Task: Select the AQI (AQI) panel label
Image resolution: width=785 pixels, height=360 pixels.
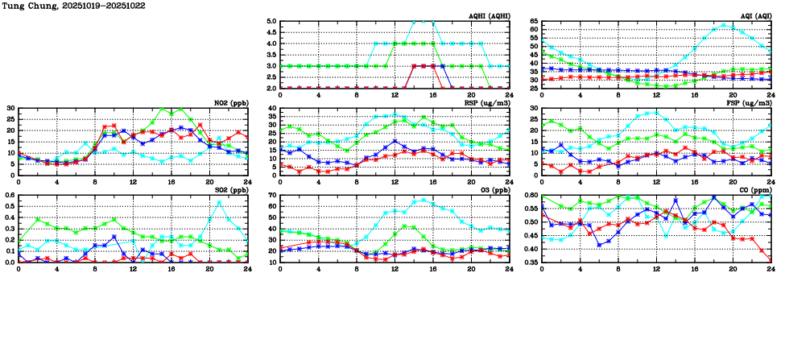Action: (x=754, y=16)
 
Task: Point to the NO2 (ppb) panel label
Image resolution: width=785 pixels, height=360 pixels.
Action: (x=230, y=103)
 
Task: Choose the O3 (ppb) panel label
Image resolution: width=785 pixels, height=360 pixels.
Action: (x=493, y=190)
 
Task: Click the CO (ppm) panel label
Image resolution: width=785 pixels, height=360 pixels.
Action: (x=754, y=190)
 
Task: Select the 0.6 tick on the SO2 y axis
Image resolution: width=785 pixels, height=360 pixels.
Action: (x=9, y=195)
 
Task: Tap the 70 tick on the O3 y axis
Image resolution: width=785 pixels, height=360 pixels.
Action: (x=272, y=195)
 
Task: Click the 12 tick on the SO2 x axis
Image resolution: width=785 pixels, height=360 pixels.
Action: (x=133, y=268)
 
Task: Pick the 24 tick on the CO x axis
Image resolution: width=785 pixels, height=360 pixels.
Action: (x=771, y=268)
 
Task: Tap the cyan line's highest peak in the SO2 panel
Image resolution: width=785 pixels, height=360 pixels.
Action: (x=219, y=203)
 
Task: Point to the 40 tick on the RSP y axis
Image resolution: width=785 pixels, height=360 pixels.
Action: (x=272, y=108)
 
